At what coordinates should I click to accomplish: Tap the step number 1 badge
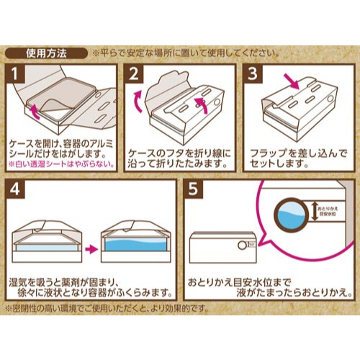click(x=17, y=75)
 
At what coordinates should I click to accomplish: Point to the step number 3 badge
click(x=252, y=75)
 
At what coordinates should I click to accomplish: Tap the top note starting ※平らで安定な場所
click(x=184, y=53)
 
